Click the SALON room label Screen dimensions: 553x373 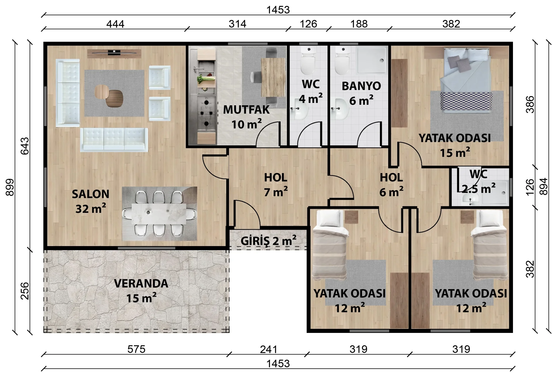tap(90, 194)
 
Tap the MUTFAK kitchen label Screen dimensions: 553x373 tap(246, 110)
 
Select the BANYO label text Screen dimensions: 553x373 tap(361, 86)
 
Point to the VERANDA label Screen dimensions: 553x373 tap(141, 284)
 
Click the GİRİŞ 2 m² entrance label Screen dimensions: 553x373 tap(268, 241)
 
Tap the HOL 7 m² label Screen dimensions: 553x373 tap(276, 185)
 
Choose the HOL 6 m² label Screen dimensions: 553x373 tap(391, 185)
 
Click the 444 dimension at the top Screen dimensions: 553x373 tap(115, 24)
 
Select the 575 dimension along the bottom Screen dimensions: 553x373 tap(136, 349)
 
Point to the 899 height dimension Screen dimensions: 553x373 tap(10, 187)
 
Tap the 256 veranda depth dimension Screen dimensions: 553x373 tap(25, 291)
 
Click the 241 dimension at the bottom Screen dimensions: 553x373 tap(268, 349)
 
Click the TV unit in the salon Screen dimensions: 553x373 tap(114, 53)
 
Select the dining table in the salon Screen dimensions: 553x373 tap(159, 213)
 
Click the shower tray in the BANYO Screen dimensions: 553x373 tap(372, 60)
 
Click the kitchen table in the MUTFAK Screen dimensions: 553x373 tap(273, 77)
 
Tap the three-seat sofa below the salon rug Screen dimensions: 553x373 tap(114, 140)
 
